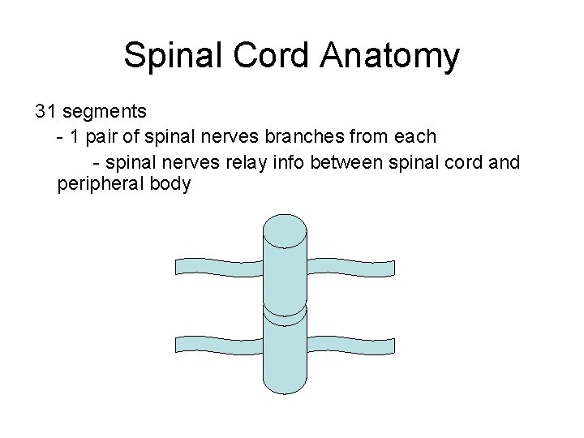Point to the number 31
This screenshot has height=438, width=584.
point(45,110)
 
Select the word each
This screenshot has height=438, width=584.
point(418,136)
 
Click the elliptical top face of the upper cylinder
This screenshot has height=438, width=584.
point(285,226)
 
